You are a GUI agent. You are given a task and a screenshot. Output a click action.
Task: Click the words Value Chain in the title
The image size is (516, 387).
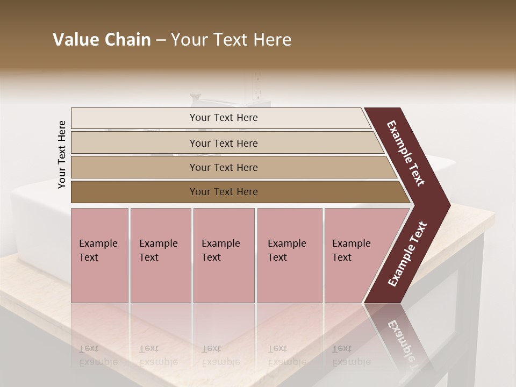click(102, 40)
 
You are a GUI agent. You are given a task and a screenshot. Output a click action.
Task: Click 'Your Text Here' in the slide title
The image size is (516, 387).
click(231, 40)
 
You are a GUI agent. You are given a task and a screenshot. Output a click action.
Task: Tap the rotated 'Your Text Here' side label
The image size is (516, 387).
click(62, 154)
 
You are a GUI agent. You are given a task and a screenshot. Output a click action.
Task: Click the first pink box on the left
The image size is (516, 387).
click(99, 255)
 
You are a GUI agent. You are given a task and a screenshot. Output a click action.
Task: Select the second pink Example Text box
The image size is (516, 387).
click(161, 255)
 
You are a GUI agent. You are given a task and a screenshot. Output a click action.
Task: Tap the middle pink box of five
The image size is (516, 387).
click(224, 255)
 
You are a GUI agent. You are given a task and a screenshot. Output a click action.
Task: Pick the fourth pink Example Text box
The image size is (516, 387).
click(290, 255)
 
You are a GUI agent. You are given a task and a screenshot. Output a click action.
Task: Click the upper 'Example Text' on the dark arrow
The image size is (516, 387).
click(406, 153)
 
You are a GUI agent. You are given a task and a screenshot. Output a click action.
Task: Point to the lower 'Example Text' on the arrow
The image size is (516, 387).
click(407, 254)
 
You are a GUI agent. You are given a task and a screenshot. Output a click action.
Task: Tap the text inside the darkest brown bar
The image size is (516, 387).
click(224, 192)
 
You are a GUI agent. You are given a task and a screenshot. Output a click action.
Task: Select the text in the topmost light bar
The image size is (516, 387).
click(224, 118)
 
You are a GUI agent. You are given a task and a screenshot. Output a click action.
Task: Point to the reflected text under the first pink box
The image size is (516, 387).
click(98, 355)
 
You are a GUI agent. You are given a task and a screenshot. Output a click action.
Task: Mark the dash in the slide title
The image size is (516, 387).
click(161, 40)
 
